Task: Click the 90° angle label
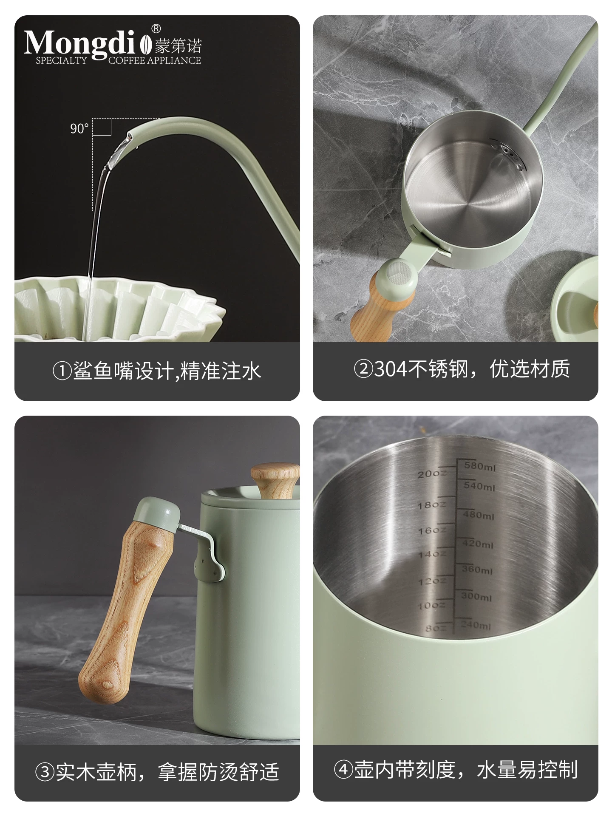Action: pyautogui.click(x=79, y=128)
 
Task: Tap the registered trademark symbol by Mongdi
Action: pyautogui.click(x=156, y=29)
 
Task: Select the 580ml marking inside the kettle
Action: pyautogui.click(x=479, y=466)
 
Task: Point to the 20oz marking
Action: pyautogui.click(x=431, y=473)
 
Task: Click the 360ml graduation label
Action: pyautogui.click(x=477, y=569)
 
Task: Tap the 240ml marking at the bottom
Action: pyautogui.click(x=476, y=625)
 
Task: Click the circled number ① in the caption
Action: pyautogui.click(x=62, y=371)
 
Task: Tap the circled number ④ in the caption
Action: pyautogui.click(x=343, y=769)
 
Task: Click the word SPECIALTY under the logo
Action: pyautogui.click(x=61, y=60)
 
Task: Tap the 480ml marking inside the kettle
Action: pyautogui.click(x=479, y=515)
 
